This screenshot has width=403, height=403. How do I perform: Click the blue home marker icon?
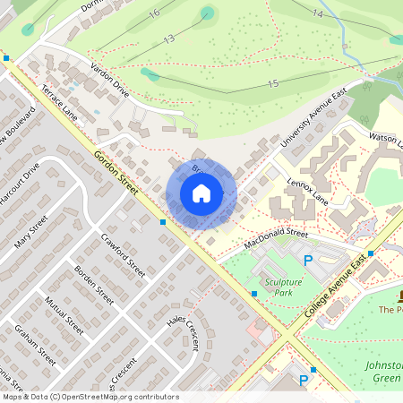tap(201, 193)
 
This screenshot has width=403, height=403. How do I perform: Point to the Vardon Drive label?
tap(108, 80)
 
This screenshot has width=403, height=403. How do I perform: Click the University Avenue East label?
tap(313, 121)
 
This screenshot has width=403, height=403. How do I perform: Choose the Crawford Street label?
tap(123, 253)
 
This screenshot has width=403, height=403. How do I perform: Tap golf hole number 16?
tap(154, 13)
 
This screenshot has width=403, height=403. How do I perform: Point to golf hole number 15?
tap(273, 83)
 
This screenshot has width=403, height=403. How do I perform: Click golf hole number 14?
tap(318, 13)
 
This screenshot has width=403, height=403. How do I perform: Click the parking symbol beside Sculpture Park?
tap(309, 261)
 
